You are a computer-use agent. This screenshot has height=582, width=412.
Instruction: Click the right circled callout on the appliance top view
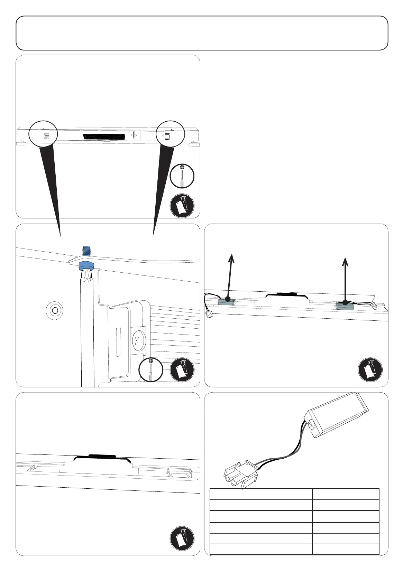click(x=170, y=134)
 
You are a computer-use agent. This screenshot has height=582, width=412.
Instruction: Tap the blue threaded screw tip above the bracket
click(x=85, y=251)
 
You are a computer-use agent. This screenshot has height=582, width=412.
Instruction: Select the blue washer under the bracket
click(x=86, y=266)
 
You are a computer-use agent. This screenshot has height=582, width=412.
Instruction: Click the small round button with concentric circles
click(x=54, y=311)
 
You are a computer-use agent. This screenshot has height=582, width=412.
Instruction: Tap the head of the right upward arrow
click(x=345, y=261)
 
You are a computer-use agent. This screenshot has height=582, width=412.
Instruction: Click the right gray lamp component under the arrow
click(x=345, y=306)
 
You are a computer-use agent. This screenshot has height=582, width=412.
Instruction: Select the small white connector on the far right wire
click(x=374, y=306)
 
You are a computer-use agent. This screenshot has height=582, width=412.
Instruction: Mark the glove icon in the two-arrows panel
click(x=370, y=369)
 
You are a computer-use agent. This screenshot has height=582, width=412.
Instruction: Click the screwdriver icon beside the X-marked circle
click(x=150, y=370)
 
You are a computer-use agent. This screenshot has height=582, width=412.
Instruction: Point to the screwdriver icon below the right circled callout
click(x=182, y=176)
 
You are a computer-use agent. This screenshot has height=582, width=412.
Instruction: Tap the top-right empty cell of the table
click(x=346, y=494)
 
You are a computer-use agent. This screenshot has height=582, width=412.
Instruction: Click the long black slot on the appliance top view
click(x=103, y=137)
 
